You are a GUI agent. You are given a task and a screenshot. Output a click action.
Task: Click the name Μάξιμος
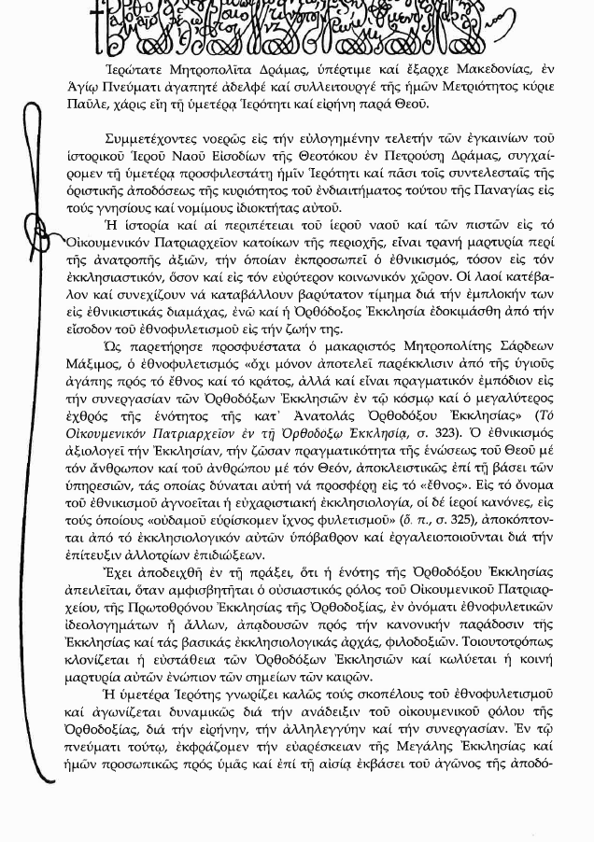pyautogui.click(x=91, y=364)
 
